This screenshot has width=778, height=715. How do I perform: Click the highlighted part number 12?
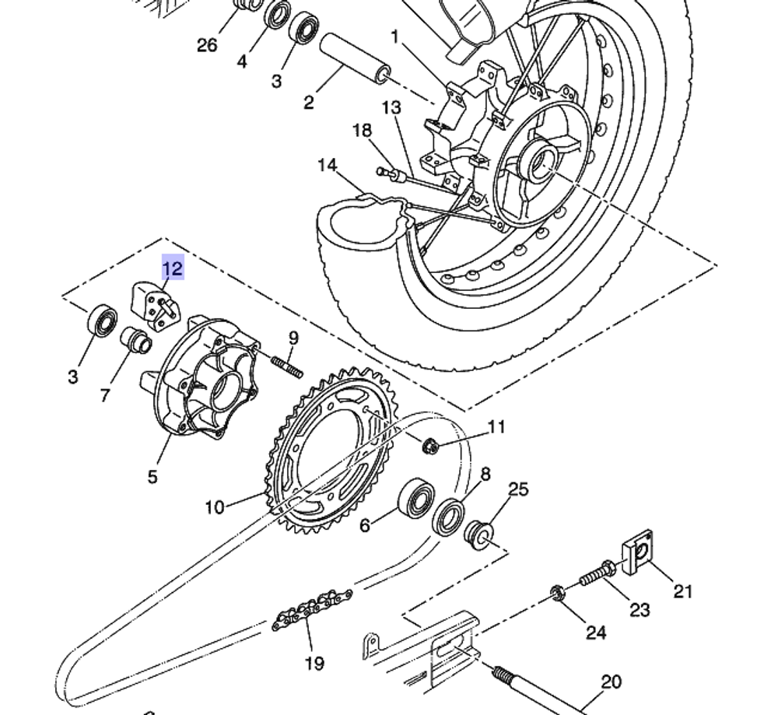[x=172, y=269]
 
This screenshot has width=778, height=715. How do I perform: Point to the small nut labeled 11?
[x=429, y=447]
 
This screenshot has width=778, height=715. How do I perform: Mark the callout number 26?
[x=207, y=45]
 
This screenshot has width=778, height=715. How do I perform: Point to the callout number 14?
[x=328, y=165]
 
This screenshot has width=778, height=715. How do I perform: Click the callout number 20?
[x=612, y=682]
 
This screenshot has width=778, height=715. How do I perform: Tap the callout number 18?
[x=363, y=130]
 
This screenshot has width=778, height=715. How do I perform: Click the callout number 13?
[x=391, y=107]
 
